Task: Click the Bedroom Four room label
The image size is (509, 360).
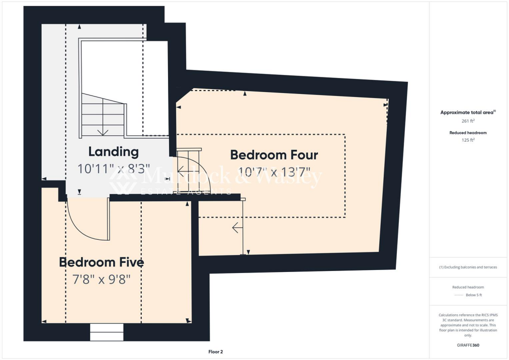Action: click(x=274, y=155)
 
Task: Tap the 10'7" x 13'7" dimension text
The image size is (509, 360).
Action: click(x=274, y=174)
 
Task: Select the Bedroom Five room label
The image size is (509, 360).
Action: click(x=101, y=262)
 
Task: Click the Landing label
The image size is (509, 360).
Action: click(x=113, y=151)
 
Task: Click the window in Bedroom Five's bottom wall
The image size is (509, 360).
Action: click(x=106, y=332)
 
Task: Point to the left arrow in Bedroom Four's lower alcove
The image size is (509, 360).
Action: click(x=236, y=229)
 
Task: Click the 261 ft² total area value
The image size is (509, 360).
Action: click(x=468, y=121)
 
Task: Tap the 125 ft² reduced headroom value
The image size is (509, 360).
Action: click(x=468, y=140)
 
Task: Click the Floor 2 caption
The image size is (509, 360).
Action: click(x=215, y=352)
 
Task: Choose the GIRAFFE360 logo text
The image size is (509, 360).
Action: click(x=469, y=345)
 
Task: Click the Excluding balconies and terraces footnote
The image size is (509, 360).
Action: click(x=468, y=267)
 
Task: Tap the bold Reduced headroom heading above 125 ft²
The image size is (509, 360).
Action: click(x=468, y=133)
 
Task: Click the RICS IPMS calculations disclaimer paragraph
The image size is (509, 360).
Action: click(x=468, y=325)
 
